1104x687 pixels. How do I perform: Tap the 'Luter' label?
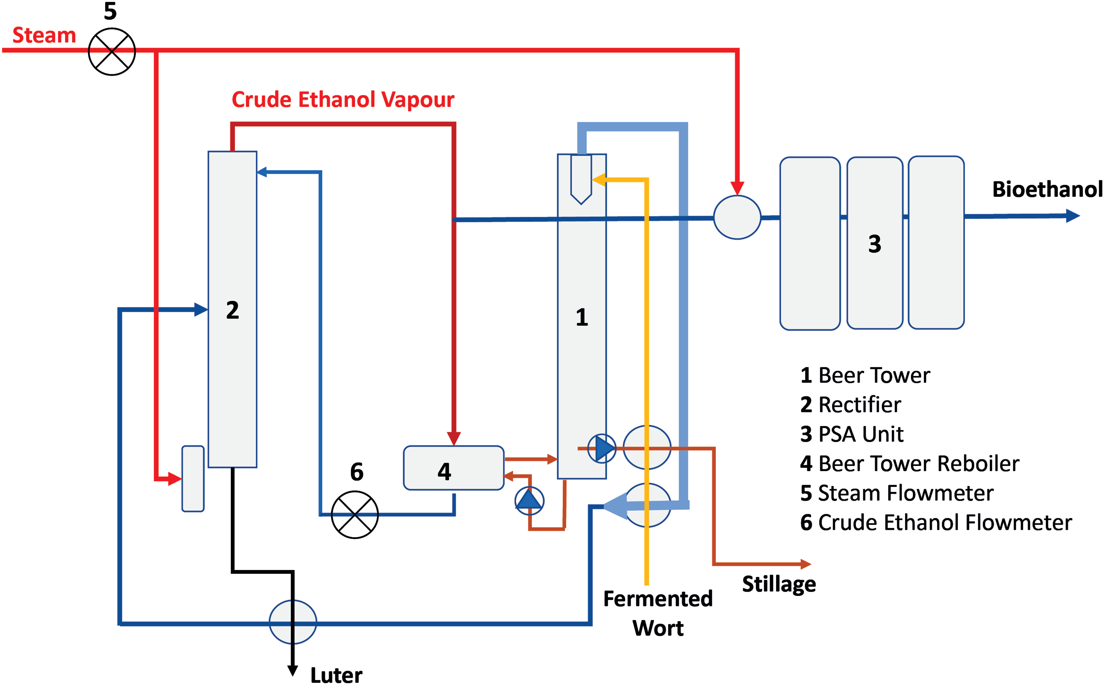pyautogui.click(x=336, y=675)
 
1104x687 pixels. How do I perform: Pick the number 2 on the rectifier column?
pyautogui.click(x=232, y=310)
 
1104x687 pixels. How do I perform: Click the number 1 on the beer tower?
pyautogui.click(x=582, y=317)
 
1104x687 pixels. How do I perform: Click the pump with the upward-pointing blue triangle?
pyautogui.click(x=529, y=500)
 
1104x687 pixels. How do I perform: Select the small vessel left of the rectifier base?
pyautogui.click(x=193, y=478)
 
